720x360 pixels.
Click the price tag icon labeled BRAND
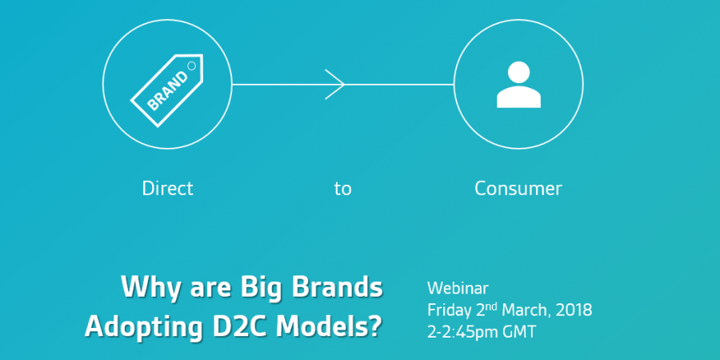pos(167,90)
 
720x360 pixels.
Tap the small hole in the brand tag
pos(192,66)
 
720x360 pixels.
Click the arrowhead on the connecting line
pos(334,85)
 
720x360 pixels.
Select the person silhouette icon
pos(519,85)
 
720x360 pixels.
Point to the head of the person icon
pos(519,72)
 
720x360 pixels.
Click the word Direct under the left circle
pos(168,189)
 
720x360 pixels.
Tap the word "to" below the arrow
pos(343,189)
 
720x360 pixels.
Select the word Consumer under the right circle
pos(518,189)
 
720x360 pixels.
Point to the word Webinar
pos(458,288)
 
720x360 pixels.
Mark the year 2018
pos(574,310)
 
